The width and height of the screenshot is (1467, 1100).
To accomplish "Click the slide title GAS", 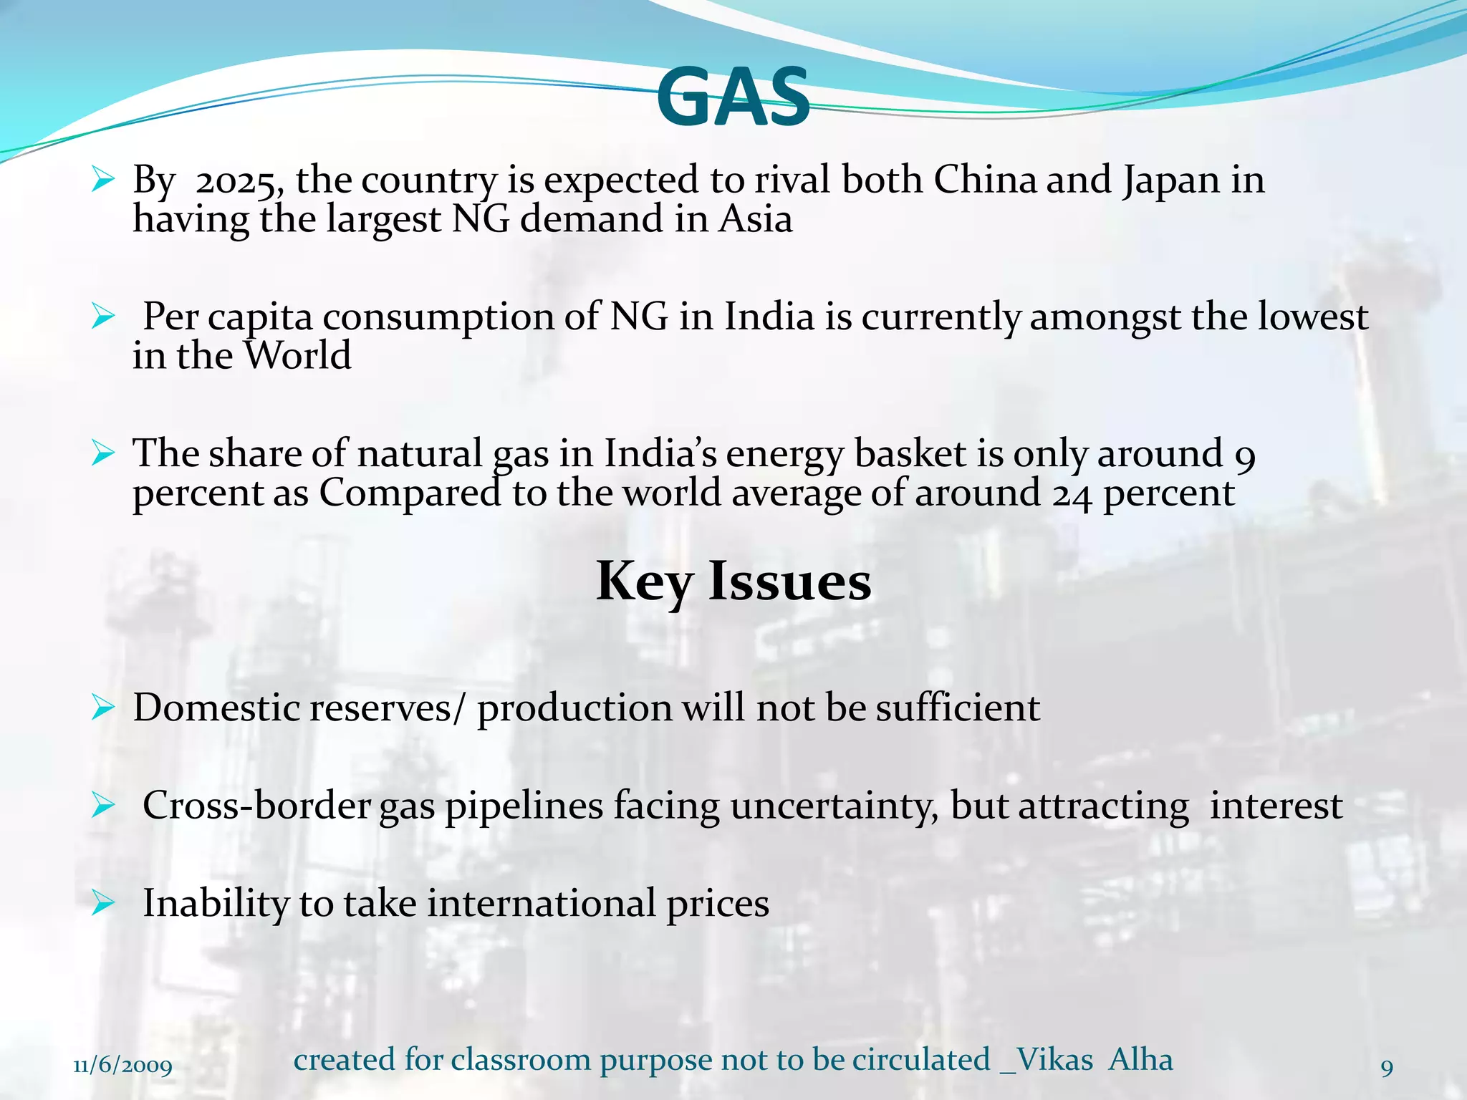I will (733, 97).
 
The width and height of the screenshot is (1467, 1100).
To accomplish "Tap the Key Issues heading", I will (733, 582).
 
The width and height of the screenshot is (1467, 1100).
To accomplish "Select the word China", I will (985, 179).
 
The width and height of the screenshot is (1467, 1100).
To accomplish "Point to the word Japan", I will (1171, 180).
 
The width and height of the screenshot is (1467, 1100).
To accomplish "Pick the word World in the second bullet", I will (297, 355).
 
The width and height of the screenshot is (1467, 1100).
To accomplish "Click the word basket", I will (910, 454).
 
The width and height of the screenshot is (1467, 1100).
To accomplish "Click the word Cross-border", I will (256, 806).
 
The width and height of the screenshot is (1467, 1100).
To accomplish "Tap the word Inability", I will (215, 903).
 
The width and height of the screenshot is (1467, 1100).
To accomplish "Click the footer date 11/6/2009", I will (123, 1066).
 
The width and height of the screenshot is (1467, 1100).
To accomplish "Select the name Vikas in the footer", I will (1054, 1060).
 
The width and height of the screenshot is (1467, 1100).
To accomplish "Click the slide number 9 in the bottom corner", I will (1387, 1068).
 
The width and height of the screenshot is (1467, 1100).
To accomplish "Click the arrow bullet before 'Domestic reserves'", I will (103, 708).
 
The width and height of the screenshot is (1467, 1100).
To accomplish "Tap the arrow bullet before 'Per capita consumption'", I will (103, 317).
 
